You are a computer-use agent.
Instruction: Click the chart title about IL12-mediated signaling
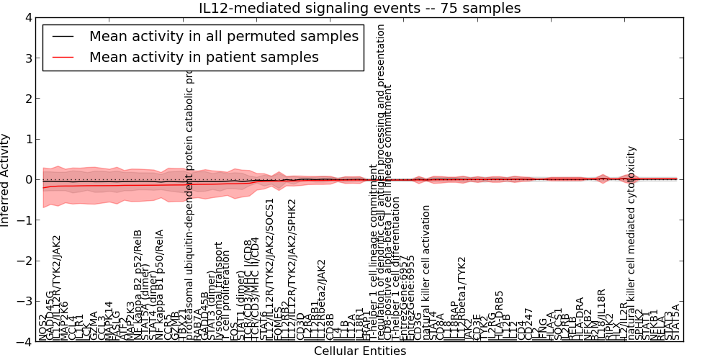[359, 8]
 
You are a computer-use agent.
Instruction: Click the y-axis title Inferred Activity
[6, 179]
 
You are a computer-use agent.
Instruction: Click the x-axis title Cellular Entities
[359, 351]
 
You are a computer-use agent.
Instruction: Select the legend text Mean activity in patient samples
[204, 57]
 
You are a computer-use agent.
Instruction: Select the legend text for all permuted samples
[223, 37]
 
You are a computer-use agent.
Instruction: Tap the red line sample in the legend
[63, 57]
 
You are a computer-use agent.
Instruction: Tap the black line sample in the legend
[63, 37]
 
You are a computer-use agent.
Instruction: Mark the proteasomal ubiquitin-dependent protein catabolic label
[191, 194]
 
